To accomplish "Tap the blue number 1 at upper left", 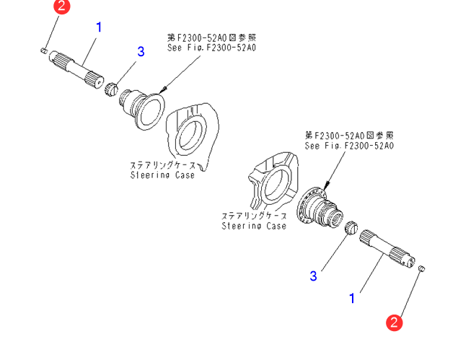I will coord(99,27).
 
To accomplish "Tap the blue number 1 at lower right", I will coord(352,297).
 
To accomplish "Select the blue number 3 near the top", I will coord(141,51).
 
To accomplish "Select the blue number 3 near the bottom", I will coord(313,275).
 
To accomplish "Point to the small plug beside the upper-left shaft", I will coord(43,51).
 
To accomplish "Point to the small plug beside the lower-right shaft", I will coord(423,268).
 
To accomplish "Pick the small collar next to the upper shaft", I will coord(111,89).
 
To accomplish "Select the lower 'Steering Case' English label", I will coord(253,226).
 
